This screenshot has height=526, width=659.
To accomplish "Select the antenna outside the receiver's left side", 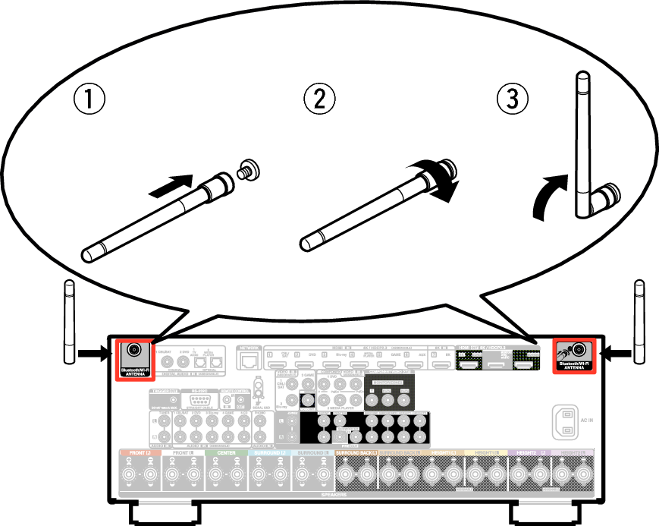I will pos(69,322).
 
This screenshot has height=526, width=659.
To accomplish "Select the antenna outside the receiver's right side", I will pos(639,322).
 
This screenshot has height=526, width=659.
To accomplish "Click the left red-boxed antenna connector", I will pos(135,350).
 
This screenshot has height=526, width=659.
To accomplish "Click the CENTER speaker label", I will pos(227,453).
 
